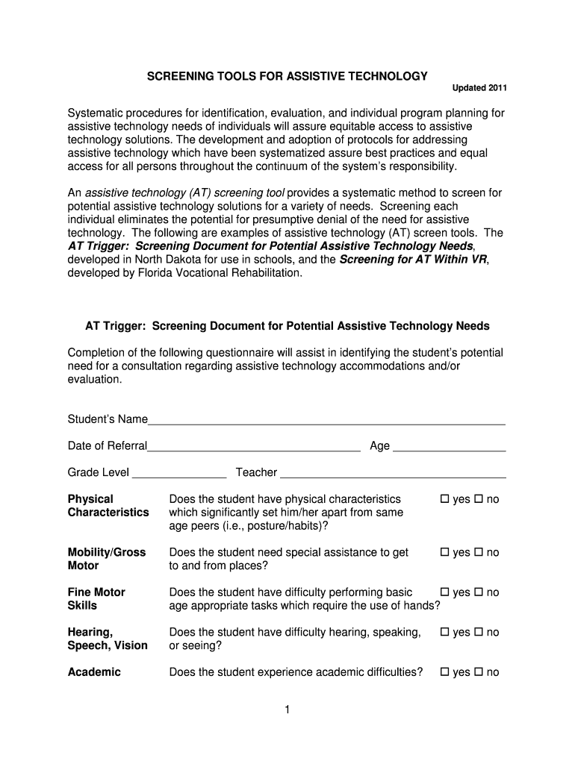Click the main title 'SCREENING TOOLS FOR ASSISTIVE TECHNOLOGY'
pyautogui.click(x=287, y=76)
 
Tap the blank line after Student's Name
pyautogui.click(x=326, y=419)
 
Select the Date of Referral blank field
pyautogui.click(x=254, y=446)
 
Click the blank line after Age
pyautogui.click(x=449, y=446)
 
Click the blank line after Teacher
pyautogui.click(x=393, y=473)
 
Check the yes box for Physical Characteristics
pyautogui.click(x=444, y=499)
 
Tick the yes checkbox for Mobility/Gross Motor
pyautogui.click(x=444, y=553)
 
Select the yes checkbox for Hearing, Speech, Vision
pyautogui.click(x=444, y=633)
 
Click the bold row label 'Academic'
pyautogui.click(x=94, y=672)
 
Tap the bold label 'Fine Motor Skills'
pyautogui.click(x=96, y=599)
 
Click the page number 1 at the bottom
pyautogui.click(x=286, y=710)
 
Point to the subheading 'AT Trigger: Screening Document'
pyautogui.click(x=287, y=326)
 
